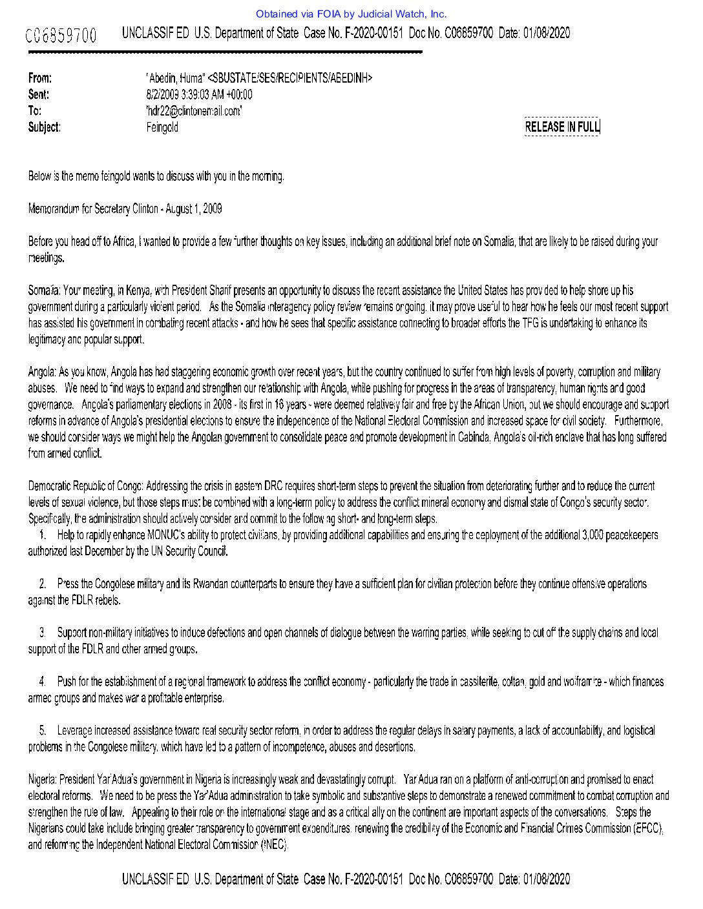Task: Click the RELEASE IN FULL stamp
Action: pos(562,127)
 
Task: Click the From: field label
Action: pos(40,78)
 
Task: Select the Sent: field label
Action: pos(39,94)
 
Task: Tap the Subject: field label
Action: pos(45,127)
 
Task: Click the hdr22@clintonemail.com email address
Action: pos(194,110)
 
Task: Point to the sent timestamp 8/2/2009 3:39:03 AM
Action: pos(199,94)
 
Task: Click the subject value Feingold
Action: pos(162,127)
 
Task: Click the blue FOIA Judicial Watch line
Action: pos(351,14)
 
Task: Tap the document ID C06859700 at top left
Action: pos(61,35)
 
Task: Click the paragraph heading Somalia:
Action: pos(45,291)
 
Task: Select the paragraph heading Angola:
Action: pos(43,372)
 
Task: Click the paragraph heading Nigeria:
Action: pos(43,779)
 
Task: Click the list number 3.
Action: pos(43,633)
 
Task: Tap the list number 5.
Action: pos(43,730)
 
